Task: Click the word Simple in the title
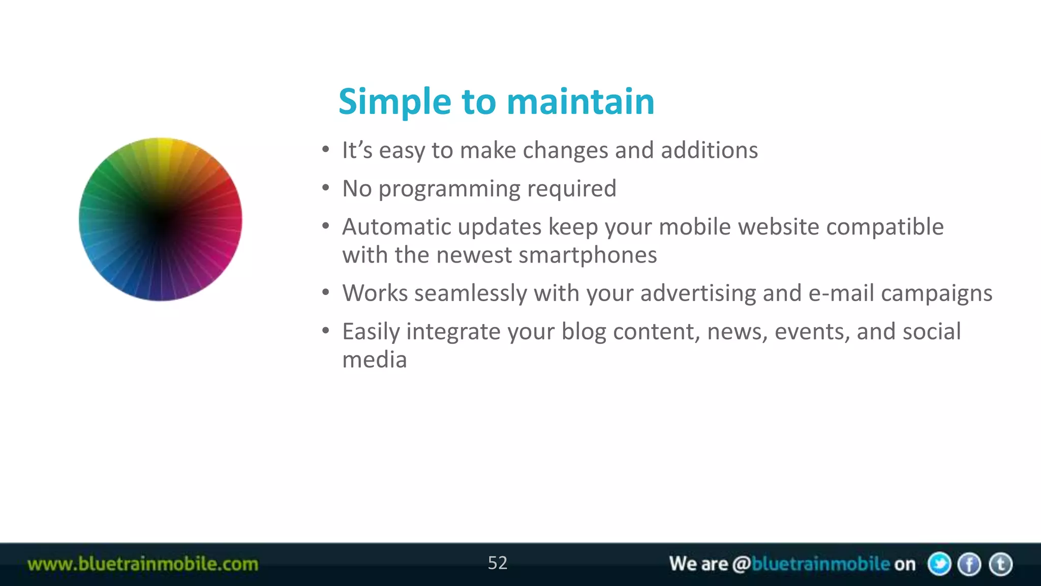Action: click(x=394, y=102)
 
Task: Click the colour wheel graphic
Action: click(x=161, y=219)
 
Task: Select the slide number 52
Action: click(x=497, y=563)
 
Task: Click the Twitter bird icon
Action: click(x=939, y=564)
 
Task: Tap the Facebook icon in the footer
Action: click(x=969, y=564)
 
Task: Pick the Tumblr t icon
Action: click(x=1000, y=564)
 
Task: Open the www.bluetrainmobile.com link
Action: click(x=143, y=564)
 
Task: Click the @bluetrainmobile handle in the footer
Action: click(x=811, y=564)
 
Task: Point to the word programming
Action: click(x=449, y=189)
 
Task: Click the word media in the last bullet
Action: click(x=375, y=360)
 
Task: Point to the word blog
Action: click(x=584, y=332)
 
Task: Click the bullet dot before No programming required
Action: click(x=326, y=188)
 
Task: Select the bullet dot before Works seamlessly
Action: click(x=326, y=292)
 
